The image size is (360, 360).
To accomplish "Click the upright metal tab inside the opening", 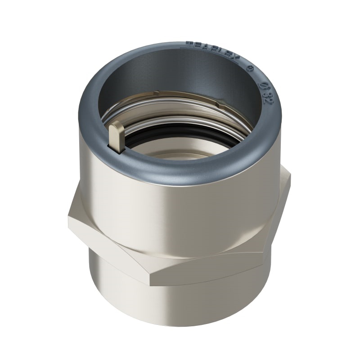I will point(116,136).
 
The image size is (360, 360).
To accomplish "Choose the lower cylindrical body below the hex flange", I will point(180,310).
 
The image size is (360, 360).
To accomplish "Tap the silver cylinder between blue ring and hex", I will point(180,198).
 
